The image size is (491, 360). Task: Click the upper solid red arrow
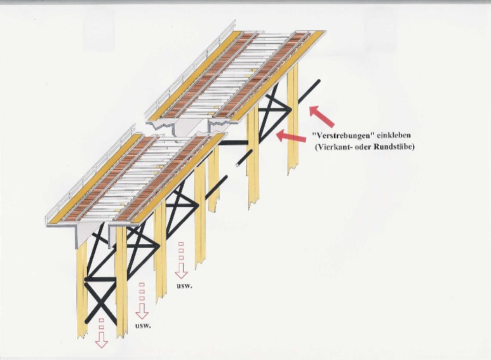(x=321, y=116)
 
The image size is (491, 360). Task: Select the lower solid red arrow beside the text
(x=291, y=135)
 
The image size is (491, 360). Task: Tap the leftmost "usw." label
(x=143, y=326)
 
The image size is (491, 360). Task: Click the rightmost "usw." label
(x=184, y=286)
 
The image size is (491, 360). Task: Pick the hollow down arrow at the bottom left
(x=101, y=340)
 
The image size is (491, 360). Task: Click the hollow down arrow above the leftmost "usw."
(x=142, y=311)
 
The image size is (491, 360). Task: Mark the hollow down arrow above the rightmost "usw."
(x=181, y=271)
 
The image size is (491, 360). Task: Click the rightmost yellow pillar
(x=292, y=120)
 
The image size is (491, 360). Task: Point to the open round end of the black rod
(x=238, y=164)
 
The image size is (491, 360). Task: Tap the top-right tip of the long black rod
(x=318, y=81)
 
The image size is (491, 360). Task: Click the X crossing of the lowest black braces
(x=100, y=302)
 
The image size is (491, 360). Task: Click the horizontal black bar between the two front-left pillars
(x=101, y=279)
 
